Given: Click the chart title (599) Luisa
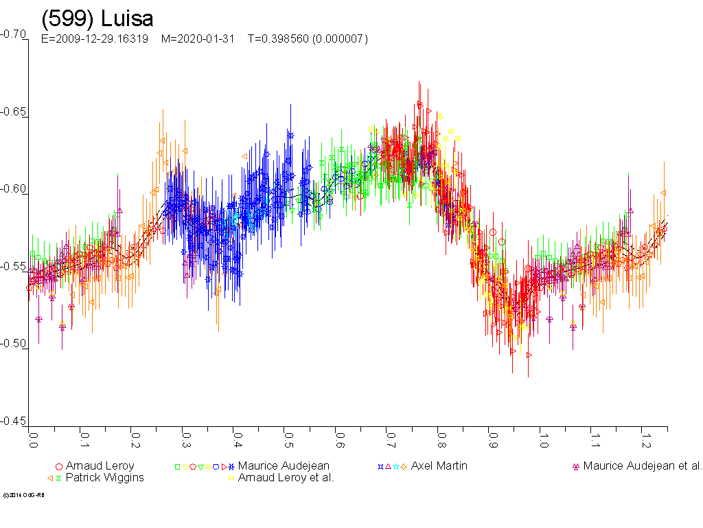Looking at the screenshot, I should point(97,19).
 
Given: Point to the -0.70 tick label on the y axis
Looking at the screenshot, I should point(13,34).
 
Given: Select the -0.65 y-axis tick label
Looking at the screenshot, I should point(13,111).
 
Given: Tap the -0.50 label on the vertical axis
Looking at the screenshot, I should point(13,344).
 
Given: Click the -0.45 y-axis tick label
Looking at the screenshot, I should point(13,421).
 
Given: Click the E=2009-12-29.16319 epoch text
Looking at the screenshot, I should point(95,39).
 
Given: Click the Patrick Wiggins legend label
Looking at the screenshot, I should point(105,477).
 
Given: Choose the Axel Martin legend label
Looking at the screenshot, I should point(439,465).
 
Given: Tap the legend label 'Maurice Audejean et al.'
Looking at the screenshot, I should point(643,465).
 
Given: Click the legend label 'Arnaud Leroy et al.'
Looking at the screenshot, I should point(286,477).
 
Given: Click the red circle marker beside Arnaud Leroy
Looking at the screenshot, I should point(59,466).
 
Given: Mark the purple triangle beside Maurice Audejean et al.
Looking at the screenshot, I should point(576,466).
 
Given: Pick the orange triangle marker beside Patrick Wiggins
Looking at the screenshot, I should point(51,478).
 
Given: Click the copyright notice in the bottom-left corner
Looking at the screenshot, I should point(23,495).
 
